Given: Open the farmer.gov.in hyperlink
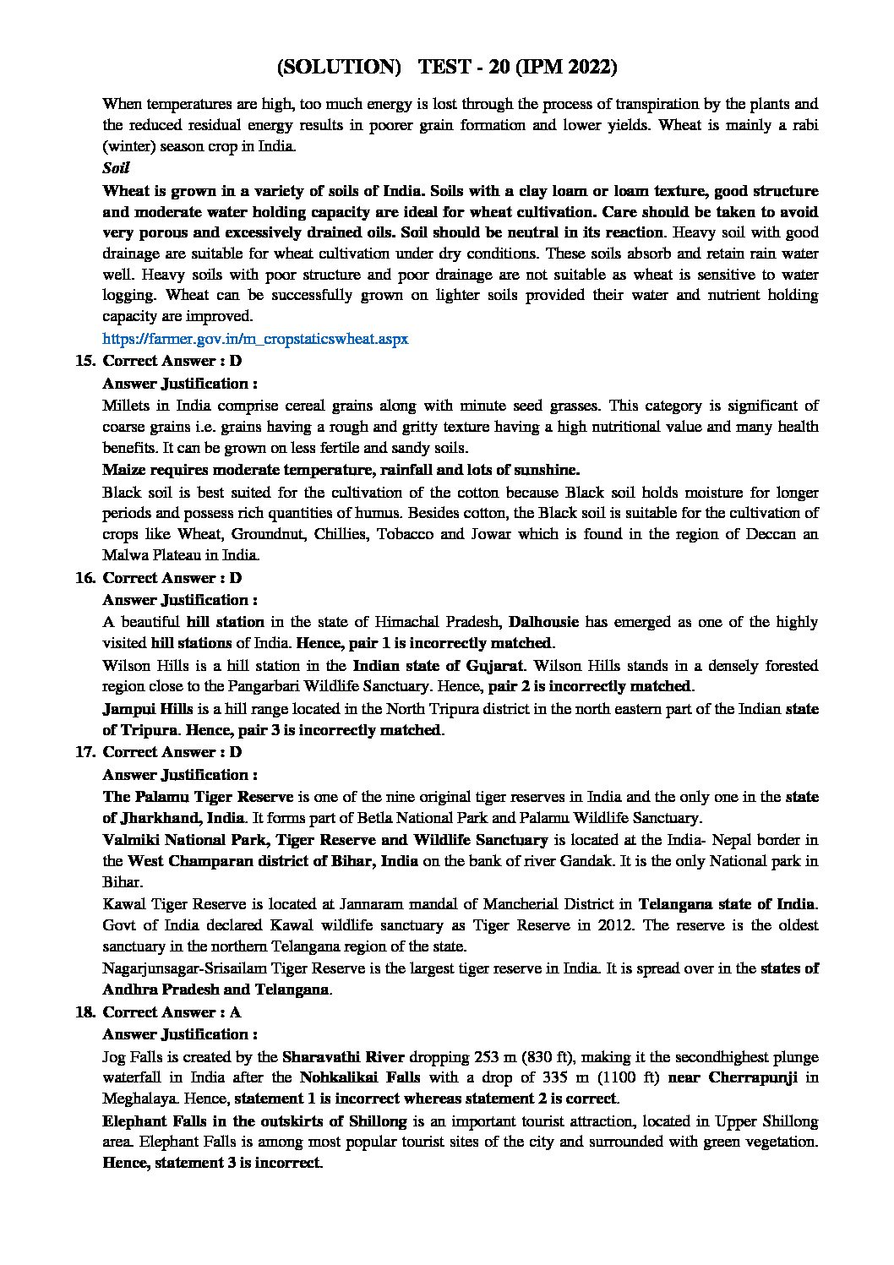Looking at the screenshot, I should (255, 339).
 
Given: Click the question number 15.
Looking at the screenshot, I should (84, 361).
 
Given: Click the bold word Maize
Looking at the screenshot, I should (124, 470).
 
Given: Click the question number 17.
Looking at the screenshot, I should (84, 752).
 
